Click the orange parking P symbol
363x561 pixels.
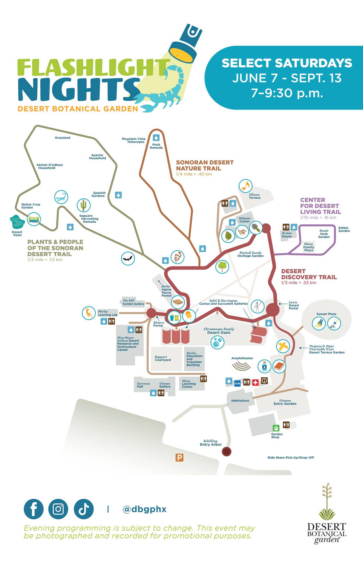179,457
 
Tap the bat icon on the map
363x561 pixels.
128,258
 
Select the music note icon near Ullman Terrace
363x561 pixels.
245,186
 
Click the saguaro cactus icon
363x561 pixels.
84,205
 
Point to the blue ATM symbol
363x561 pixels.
237,383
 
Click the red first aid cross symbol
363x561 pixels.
255,382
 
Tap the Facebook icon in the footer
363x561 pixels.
33,509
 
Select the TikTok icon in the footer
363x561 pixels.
84,509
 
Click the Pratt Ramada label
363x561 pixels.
156,146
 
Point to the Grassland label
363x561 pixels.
62,138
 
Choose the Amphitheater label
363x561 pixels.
242,358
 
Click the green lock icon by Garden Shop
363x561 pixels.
276,428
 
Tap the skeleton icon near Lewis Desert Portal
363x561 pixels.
257,306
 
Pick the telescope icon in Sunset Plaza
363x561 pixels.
334,324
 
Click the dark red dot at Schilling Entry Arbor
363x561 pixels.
226,451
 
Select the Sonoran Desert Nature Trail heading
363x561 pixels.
205,165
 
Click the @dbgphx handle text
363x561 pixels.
144,509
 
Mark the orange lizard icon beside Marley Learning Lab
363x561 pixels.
89,313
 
